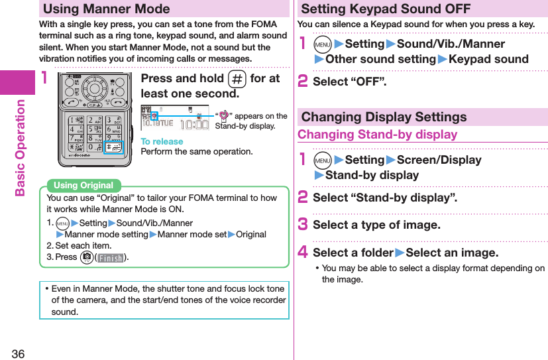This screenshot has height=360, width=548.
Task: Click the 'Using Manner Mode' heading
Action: coord(107,9)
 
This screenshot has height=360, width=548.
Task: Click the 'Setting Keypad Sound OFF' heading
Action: coord(386,9)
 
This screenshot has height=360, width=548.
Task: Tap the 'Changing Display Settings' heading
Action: coord(384,117)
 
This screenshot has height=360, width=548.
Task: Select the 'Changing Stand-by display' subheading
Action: coord(378,135)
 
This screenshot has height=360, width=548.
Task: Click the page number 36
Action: coord(18,353)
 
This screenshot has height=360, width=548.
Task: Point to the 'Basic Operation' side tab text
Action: coord(19,148)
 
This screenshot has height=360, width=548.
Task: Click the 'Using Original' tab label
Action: coord(83,186)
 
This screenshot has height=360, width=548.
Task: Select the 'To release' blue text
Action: coord(162,141)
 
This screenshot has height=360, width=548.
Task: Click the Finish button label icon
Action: coord(111,257)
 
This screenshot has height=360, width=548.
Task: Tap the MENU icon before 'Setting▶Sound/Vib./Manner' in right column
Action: coord(321,44)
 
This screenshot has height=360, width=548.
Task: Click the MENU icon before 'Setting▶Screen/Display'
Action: coord(321,160)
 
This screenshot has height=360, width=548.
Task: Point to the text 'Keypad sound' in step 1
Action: coord(488,59)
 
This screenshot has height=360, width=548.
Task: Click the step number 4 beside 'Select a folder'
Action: coord(303,252)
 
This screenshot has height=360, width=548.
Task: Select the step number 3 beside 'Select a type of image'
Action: coord(303,224)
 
